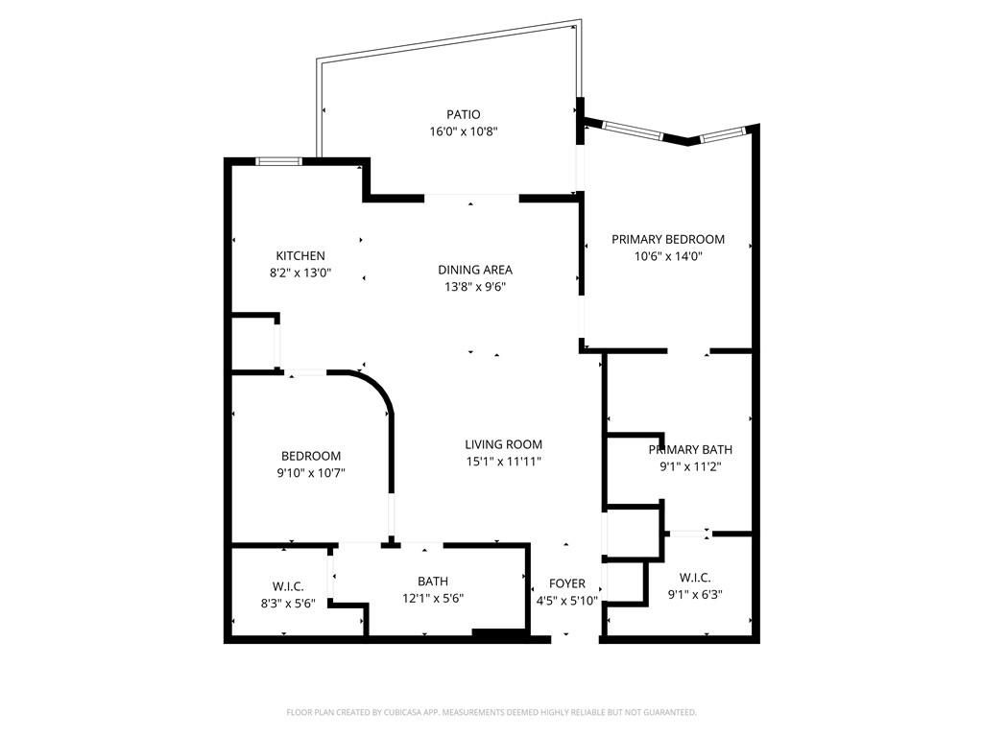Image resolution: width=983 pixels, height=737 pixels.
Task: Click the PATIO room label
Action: [463, 114]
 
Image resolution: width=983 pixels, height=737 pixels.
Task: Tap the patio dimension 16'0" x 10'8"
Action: [463, 131]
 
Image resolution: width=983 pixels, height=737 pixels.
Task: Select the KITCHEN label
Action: [300, 256]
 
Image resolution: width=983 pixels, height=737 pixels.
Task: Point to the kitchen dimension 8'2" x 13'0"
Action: [300, 273]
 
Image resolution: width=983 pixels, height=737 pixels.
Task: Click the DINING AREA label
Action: [475, 270]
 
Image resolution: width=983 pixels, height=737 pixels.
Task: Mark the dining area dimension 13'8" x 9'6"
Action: [475, 286]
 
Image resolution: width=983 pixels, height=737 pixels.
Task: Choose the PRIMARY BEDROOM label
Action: [668, 239]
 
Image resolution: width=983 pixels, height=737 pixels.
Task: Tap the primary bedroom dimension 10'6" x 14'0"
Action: [668, 256]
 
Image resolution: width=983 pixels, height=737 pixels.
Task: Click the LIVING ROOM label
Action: [504, 444]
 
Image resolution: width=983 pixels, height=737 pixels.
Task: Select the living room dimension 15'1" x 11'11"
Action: [504, 462]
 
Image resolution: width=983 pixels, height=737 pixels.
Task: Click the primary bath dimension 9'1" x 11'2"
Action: [690, 466]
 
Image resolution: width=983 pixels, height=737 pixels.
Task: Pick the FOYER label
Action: [566, 583]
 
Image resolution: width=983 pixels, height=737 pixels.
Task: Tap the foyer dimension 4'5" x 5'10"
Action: [566, 601]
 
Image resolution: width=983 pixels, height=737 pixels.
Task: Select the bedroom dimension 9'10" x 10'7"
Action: [311, 472]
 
